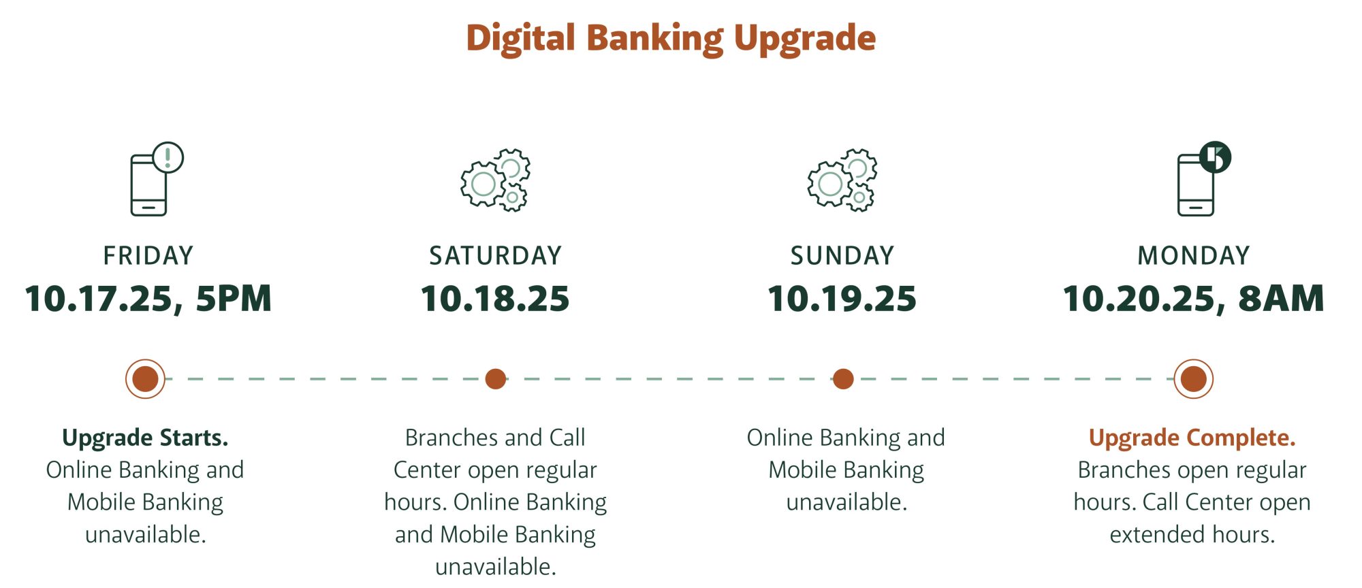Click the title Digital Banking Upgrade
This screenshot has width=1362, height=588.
[x=671, y=39]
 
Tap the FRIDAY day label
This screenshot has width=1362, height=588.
[x=148, y=256]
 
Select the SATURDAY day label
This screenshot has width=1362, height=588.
[x=495, y=256]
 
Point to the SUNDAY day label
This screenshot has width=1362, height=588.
[x=842, y=256]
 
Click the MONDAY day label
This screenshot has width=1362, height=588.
[x=1194, y=256]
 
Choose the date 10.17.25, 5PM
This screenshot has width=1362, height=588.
[x=148, y=299]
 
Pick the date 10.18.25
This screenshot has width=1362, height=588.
[x=495, y=299]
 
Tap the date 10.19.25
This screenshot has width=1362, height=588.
[x=842, y=299]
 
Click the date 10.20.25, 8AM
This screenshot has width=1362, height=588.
[x=1194, y=299]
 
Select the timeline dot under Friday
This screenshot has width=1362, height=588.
[x=145, y=379]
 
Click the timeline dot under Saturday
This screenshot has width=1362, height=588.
[x=496, y=379]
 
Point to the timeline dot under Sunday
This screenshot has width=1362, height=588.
[x=843, y=379]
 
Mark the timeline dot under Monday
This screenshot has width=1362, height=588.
[x=1194, y=379]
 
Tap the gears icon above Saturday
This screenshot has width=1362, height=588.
[x=495, y=180]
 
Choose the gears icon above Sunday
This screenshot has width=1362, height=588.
[x=842, y=180]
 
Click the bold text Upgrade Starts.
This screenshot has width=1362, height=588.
[x=145, y=438]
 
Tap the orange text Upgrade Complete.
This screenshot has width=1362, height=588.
[x=1192, y=438]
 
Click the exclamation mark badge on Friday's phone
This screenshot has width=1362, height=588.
[x=168, y=157]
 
